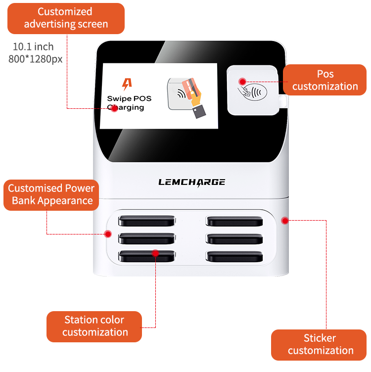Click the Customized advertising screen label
pyautogui.click(x=65, y=18)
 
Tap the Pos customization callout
pyautogui.click(x=325, y=80)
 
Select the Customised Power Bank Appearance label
pyautogui.click(x=52, y=194)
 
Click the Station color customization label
pyautogui.click(x=94, y=326)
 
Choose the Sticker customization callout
pyautogui.click(x=320, y=345)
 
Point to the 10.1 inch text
pyautogui.click(x=33, y=47)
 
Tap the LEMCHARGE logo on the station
pyautogui.click(x=191, y=182)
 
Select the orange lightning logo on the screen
pyautogui.click(x=127, y=84)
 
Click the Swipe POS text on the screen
pyautogui.click(x=129, y=98)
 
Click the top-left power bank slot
pyautogui.click(x=147, y=220)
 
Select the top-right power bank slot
pyautogui.click(x=234, y=220)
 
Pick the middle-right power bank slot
pyautogui.click(x=234, y=238)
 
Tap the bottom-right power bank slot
pyautogui.click(x=234, y=256)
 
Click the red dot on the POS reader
pyautogui.click(x=242, y=81)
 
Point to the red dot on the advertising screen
pyautogui.click(x=114, y=108)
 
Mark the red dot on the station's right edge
pyautogui.click(x=284, y=220)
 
